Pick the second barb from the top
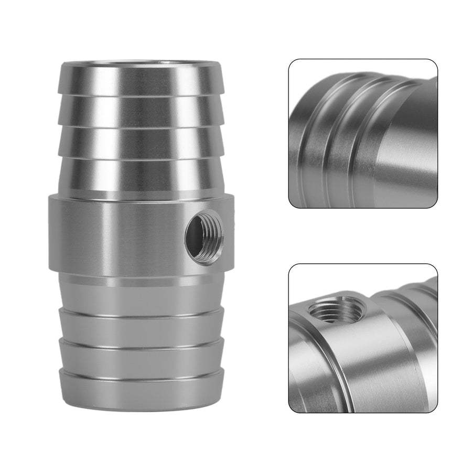click(x=142, y=110)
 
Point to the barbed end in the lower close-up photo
click(x=414, y=315)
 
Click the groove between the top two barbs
click(x=142, y=95)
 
